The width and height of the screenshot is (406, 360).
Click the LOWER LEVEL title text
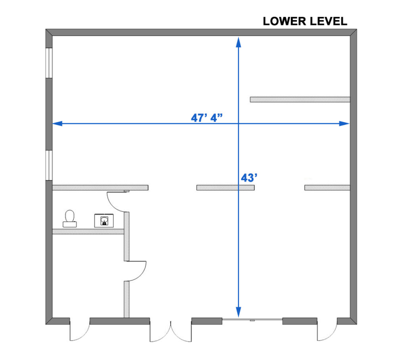(305, 21)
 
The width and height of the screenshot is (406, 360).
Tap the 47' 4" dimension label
(207, 118)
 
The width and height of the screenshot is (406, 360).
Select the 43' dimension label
(249, 178)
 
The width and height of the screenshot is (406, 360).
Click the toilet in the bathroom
(70, 219)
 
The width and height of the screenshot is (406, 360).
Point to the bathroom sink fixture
(104, 221)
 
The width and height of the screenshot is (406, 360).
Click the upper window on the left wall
(49, 63)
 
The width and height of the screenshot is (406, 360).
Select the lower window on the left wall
(49, 165)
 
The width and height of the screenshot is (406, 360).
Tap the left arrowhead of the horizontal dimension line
(57, 124)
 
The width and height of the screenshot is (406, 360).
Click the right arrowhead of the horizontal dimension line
(345, 124)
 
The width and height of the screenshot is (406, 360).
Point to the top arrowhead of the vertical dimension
(238, 42)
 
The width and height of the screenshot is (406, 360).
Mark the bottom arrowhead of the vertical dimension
(238, 312)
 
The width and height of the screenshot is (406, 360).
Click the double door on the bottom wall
(170, 332)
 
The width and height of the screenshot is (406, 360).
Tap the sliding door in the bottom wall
(252, 320)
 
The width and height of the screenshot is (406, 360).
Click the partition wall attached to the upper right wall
(300, 99)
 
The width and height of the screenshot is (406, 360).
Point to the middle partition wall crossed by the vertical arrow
(226, 188)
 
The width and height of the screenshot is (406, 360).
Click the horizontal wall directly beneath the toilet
(88, 231)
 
